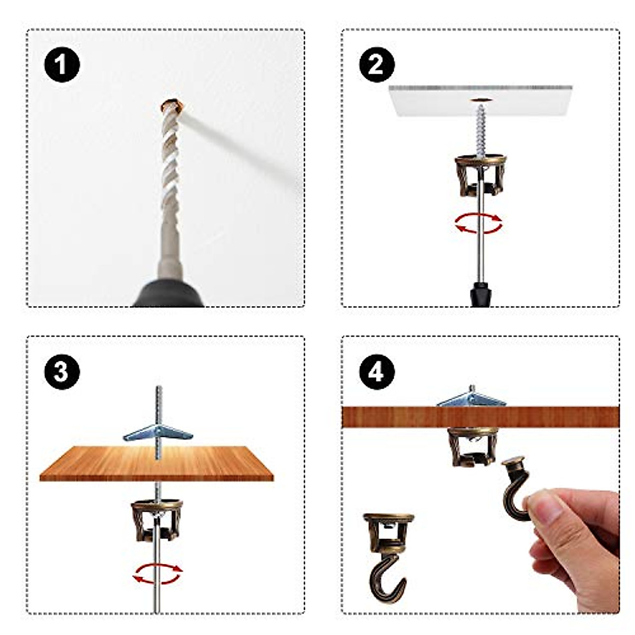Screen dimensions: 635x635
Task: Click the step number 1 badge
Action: pyautogui.click(x=62, y=66)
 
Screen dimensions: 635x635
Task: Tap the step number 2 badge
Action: pyautogui.click(x=376, y=66)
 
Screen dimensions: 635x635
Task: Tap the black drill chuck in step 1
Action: pyautogui.click(x=168, y=294)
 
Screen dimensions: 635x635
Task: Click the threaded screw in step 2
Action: pyautogui.click(x=480, y=127)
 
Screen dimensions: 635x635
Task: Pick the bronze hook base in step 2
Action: pyautogui.click(x=479, y=175)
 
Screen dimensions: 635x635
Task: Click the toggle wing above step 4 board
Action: pyautogui.click(x=471, y=398)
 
